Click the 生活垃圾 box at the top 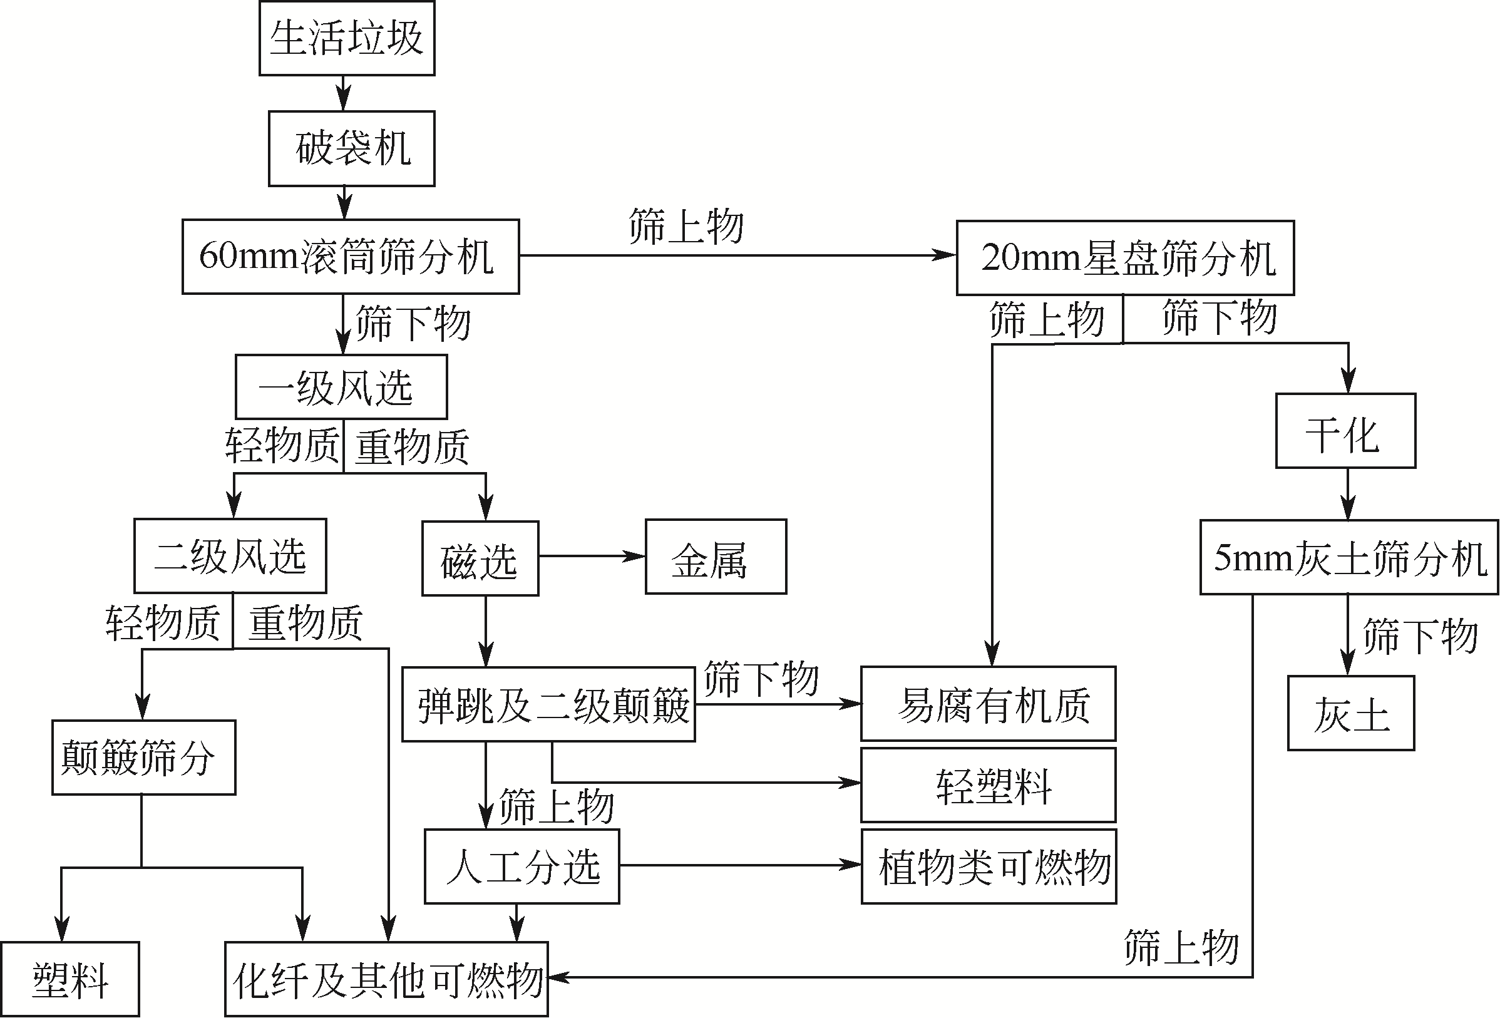347,38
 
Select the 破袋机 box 352,148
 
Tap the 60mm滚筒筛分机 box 351,257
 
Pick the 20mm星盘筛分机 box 1125,258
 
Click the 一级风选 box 341,388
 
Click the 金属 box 716,557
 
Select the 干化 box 1345,431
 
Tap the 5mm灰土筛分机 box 1349,558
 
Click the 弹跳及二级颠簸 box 548,705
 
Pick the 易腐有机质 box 988,704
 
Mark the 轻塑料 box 988,786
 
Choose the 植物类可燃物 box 988,867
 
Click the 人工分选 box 521,867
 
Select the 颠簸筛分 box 143,758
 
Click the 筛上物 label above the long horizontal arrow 686,227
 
